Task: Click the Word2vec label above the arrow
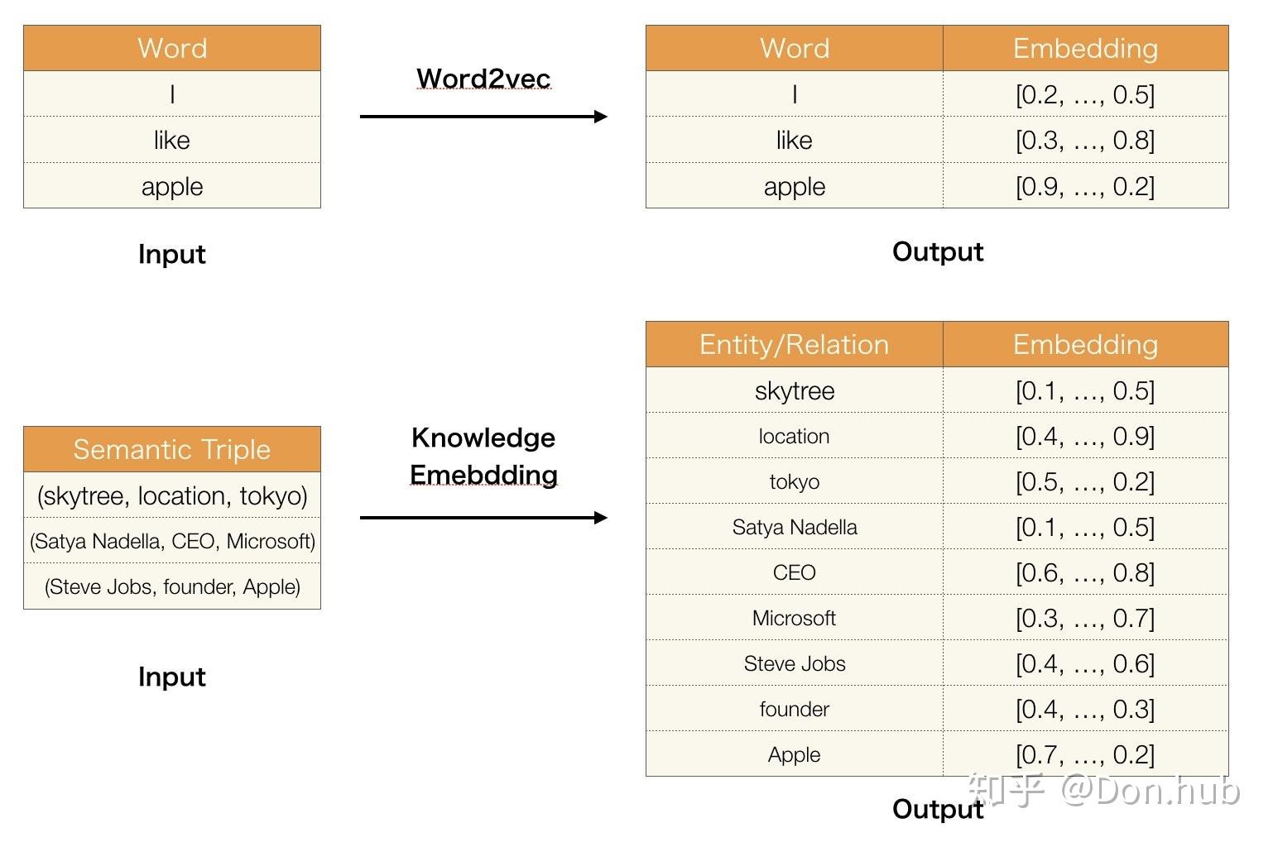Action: [483, 79]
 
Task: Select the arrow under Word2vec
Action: [483, 117]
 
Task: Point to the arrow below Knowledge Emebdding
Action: [483, 517]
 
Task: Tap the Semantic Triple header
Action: [171, 449]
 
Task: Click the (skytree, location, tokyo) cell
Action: [171, 495]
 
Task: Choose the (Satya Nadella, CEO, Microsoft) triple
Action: [171, 541]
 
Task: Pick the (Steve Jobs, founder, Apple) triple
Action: [171, 586]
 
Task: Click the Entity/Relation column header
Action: [794, 344]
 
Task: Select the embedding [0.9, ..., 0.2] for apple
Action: [1085, 186]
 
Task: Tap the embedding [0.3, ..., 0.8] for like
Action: [1085, 140]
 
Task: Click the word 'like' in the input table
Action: [171, 140]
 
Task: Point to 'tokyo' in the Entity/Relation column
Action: [794, 481]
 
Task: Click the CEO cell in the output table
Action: [794, 572]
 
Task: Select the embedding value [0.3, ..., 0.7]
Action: [1085, 618]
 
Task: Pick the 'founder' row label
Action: [794, 709]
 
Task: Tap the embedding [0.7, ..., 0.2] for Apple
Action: [1085, 754]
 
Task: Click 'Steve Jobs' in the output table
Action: [794, 663]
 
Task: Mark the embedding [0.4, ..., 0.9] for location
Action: [1085, 436]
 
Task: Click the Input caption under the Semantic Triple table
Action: [171, 677]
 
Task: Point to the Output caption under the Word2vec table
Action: [938, 251]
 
